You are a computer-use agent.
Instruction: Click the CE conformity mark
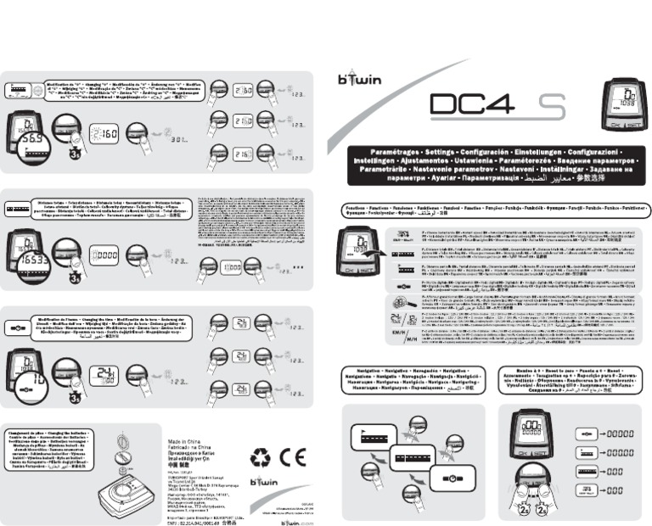pos(293,459)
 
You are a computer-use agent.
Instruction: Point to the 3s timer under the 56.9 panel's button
pos(75,155)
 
